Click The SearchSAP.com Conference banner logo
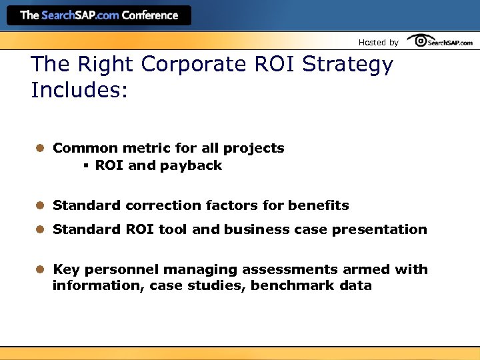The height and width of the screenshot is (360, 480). pos(99,15)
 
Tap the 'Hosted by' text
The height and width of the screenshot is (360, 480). pos(378,43)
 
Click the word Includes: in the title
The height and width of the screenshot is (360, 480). pos(79,90)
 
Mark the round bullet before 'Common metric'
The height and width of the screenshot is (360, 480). pos(40,148)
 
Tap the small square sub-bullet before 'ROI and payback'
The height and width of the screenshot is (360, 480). pos(87,166)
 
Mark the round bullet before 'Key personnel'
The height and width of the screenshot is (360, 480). pos(40,269)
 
